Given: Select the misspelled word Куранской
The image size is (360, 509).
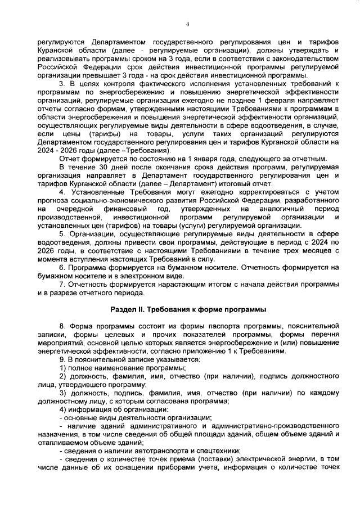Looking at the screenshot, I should [x=56, y=51].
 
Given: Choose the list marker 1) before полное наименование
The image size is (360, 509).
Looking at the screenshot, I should [x=64, y=368].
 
